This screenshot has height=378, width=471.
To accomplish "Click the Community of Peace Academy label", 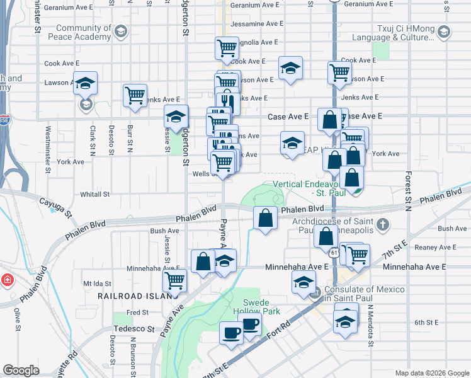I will [x=84, y=33].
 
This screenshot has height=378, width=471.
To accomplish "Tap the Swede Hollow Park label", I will [x=260, y=306].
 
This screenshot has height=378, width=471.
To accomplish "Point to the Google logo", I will [x=21, y=370].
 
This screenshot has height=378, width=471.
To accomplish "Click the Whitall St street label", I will [x=95, y=195].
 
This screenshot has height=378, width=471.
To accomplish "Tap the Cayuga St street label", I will [x=49, y=206].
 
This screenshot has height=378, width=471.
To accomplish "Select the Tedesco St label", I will [x=133, y=329].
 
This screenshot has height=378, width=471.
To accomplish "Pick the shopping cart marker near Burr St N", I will [x=135, y=95].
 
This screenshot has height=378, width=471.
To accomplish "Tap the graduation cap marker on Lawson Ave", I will [x=85, y=83].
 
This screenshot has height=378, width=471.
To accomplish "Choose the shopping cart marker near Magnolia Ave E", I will [x=226, y=47].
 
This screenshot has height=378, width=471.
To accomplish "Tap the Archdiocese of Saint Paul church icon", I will [x=382, y=224].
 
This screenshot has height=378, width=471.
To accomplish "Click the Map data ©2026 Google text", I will [x=431, y=373].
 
